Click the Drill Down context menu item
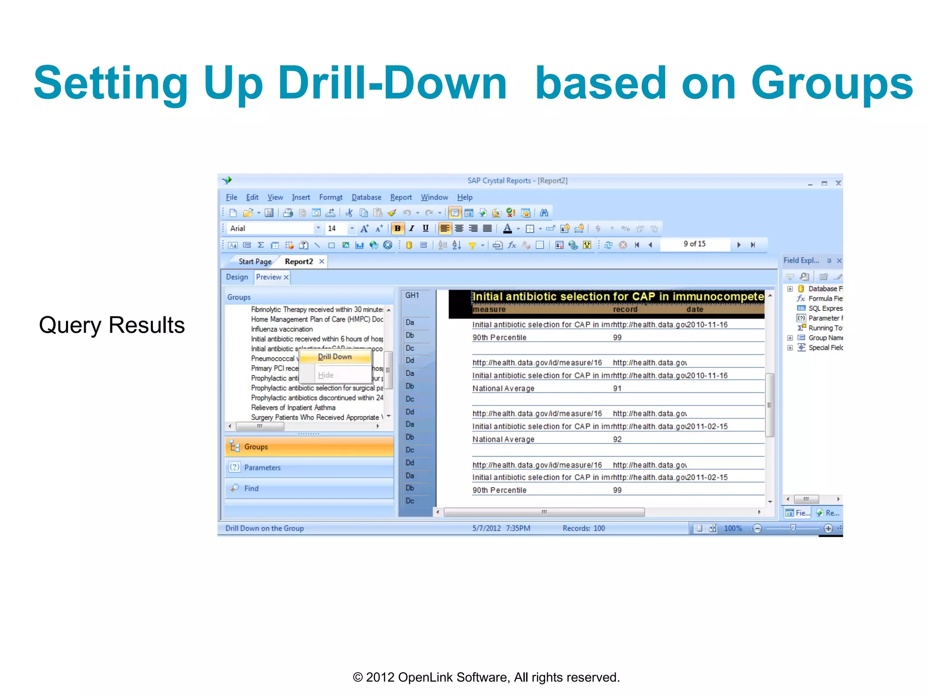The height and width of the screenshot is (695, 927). pos(334,357)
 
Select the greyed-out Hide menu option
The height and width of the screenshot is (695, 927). pos(325,375)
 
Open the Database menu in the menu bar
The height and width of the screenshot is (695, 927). pos(366,197)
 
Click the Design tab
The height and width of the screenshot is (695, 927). pos(237,277)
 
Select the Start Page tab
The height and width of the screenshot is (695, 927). pos(255,262)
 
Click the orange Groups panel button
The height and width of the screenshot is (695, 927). pos(309,447)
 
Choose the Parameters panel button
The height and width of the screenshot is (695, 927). pos(309,467)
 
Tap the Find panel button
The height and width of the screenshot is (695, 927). pos(309,488)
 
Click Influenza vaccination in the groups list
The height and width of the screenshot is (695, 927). pos(282,329)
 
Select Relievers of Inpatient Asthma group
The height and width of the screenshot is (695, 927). pos(293,408)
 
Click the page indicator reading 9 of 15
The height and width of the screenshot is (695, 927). pos(694,244)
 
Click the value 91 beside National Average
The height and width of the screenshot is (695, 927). pos(617,388)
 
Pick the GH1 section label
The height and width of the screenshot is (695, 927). pos(412,295)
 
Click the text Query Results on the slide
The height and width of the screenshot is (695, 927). pos(112,325)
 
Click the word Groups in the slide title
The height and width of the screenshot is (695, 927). pos(832,83)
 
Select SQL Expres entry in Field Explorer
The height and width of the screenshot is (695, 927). pos(825,308)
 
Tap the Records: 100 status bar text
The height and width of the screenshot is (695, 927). pos(583,528)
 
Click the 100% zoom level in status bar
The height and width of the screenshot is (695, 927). pos(732,528)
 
